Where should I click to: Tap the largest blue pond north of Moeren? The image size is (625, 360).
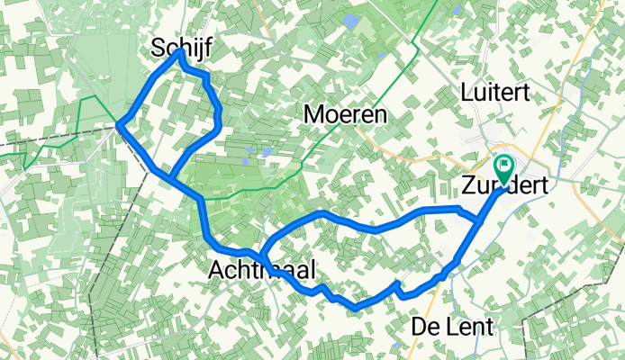pyautogui.click(x=351, y=20)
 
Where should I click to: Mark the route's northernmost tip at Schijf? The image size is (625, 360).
pyautogui.click(x=180, y=52)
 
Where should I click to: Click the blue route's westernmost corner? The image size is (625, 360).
pyautogui.click(x=120, y=126)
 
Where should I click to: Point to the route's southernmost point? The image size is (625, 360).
pyautogui.click(x=356, y=308)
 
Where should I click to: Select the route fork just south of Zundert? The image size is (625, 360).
pyautogui.click(x=476, y=219)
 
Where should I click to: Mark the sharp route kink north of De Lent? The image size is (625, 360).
pyautogui.click(x=397, y=284)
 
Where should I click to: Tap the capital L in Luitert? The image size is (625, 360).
pyautogui.click(x=466, y=92)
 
